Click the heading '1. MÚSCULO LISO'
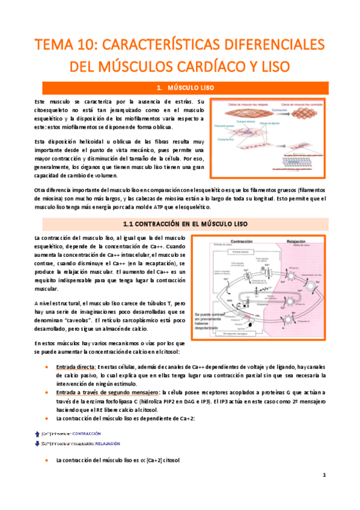tap(180, 88)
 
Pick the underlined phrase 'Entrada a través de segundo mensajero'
tap(103, 392)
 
